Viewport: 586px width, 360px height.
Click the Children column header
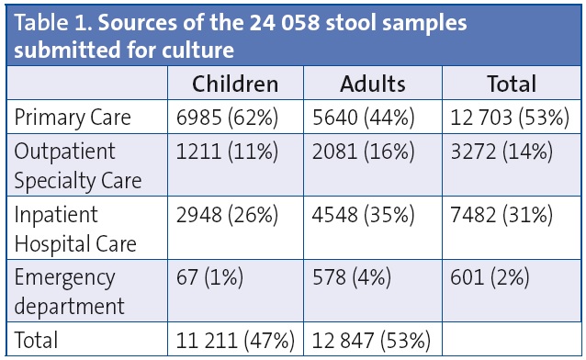click(x=234, y=84)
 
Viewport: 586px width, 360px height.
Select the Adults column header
click(x=372, y=84)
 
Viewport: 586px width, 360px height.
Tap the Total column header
click(x=511, y=84)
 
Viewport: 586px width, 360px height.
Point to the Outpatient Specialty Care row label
click(x=73, y=166)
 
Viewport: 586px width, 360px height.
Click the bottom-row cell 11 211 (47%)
click(x=235, y=341)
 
